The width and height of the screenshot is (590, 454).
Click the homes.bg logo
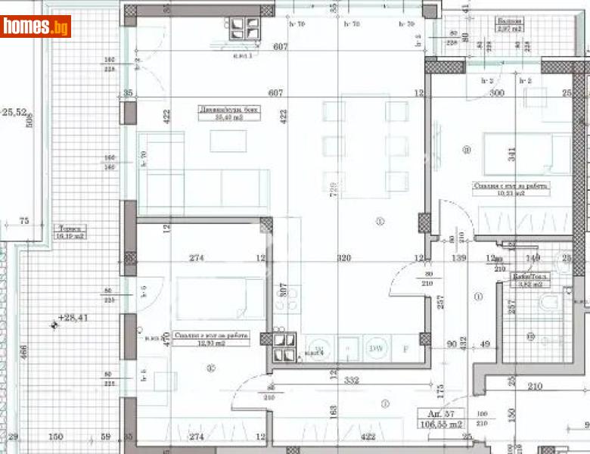click(x=36, y=27)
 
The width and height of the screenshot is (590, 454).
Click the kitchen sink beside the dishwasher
click(x=348, y=348)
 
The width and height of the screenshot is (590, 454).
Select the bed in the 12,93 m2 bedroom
click(x=219, y=297)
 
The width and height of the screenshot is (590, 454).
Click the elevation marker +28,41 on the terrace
click(x=73, y=319)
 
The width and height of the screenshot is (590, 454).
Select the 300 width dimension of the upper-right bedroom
click(x=497, y=93)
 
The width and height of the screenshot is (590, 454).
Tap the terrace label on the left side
click(x=72, y=232)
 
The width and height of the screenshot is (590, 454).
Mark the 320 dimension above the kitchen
click(x=345, y=259)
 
